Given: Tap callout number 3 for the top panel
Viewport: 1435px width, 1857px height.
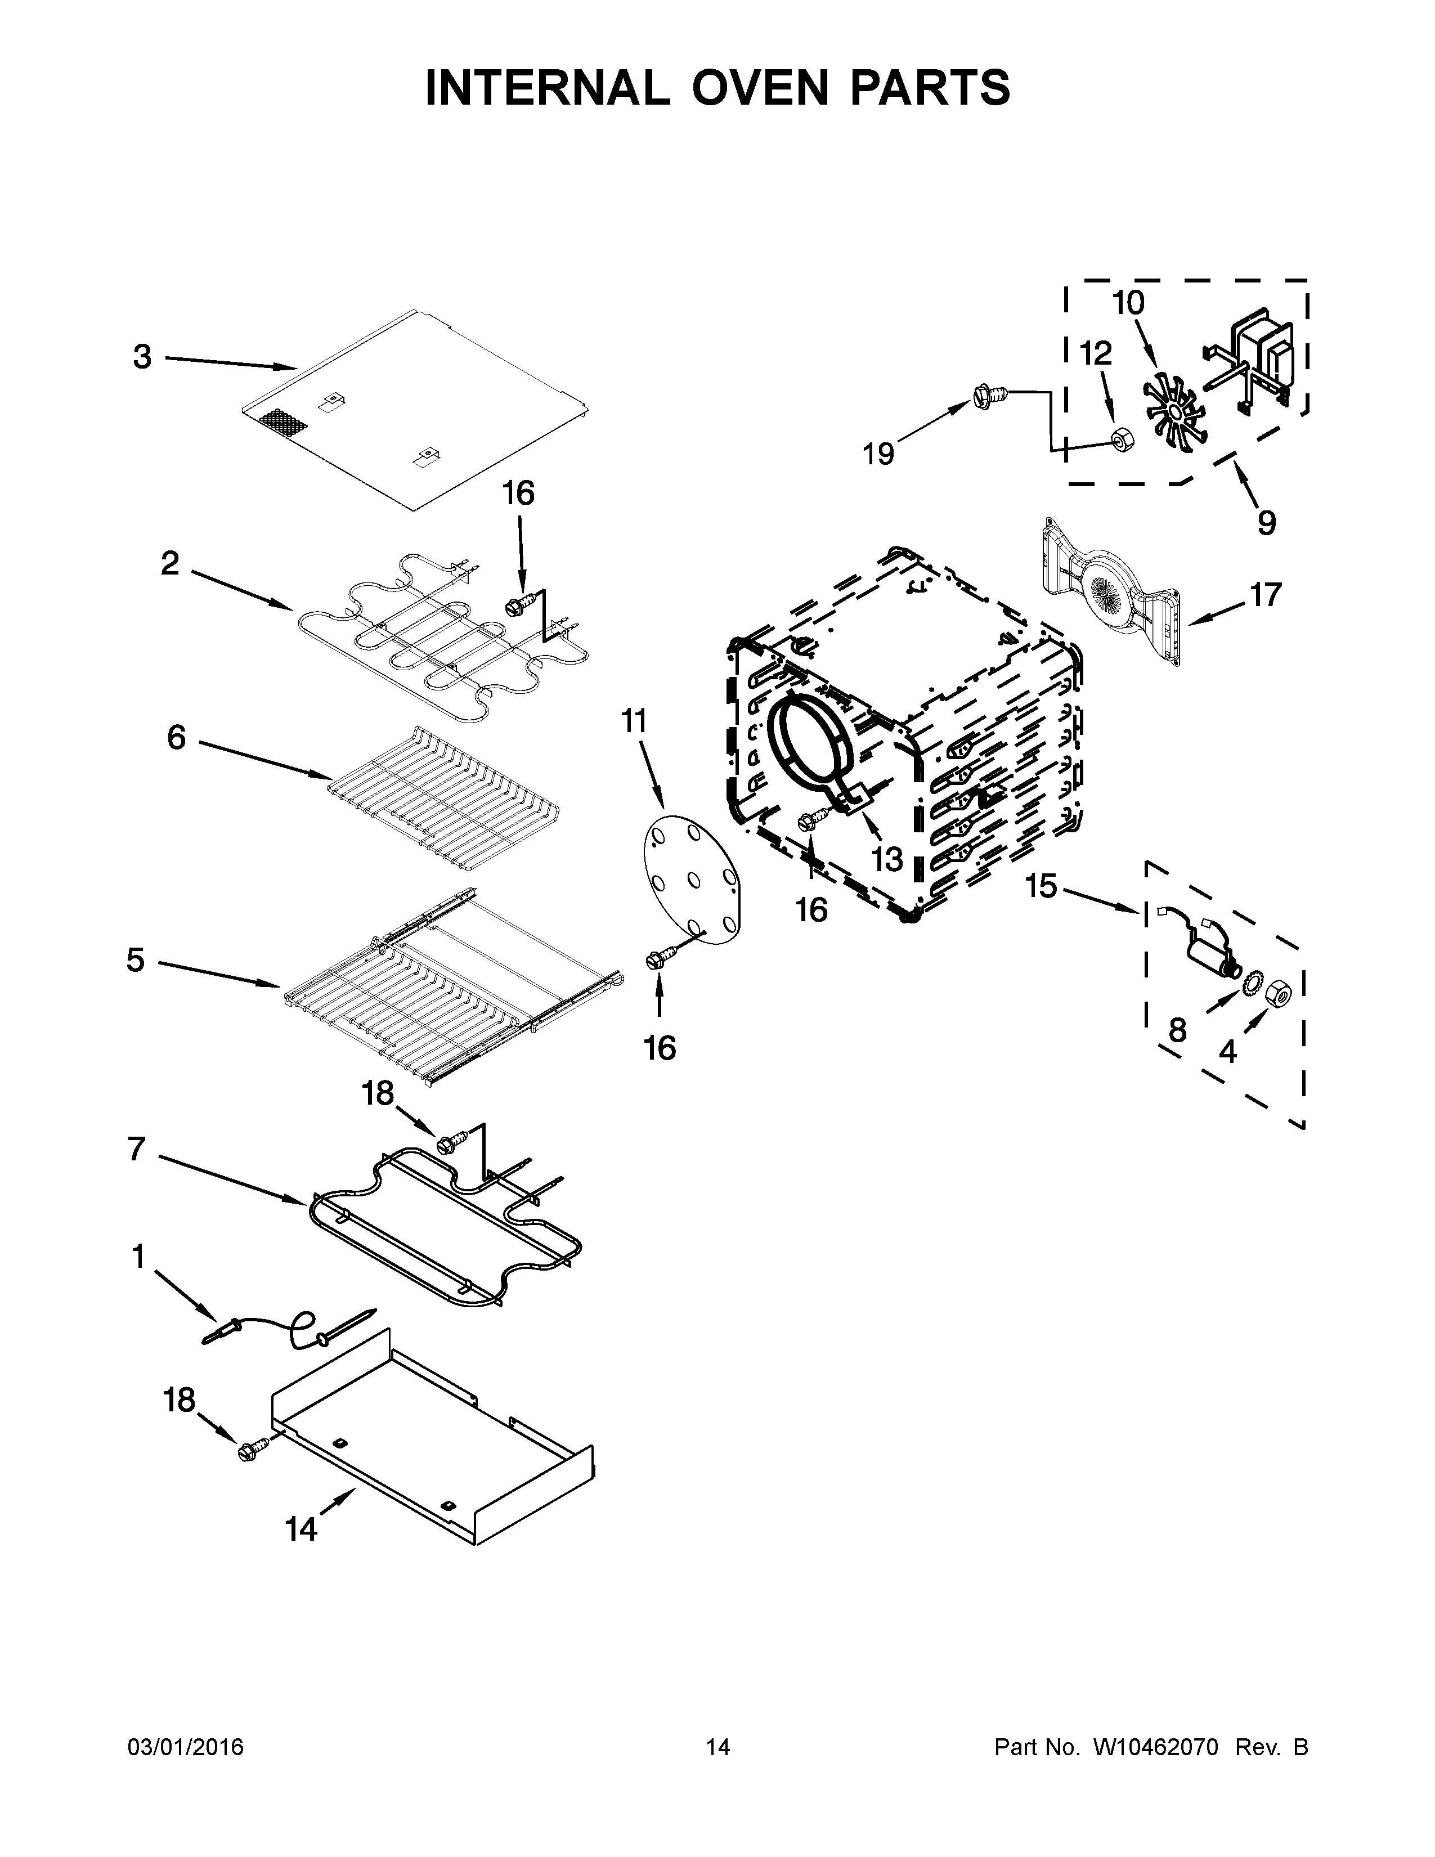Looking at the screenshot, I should click(x=142, y=357).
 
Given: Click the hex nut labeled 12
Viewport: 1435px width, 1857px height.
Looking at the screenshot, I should click(x=1118, y=439).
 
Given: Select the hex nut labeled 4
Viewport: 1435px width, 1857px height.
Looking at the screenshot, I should click(x=1280, y=992).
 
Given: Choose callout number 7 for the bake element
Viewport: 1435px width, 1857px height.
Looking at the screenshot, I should click(x=136, y=1149).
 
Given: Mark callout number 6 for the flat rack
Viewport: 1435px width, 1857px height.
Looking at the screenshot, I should click(x=176, y=737).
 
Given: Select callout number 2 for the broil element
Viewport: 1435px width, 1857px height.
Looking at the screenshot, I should click(x=170, y=563).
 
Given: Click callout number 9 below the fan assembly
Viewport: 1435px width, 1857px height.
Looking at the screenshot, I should click(x=1266, y=521).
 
